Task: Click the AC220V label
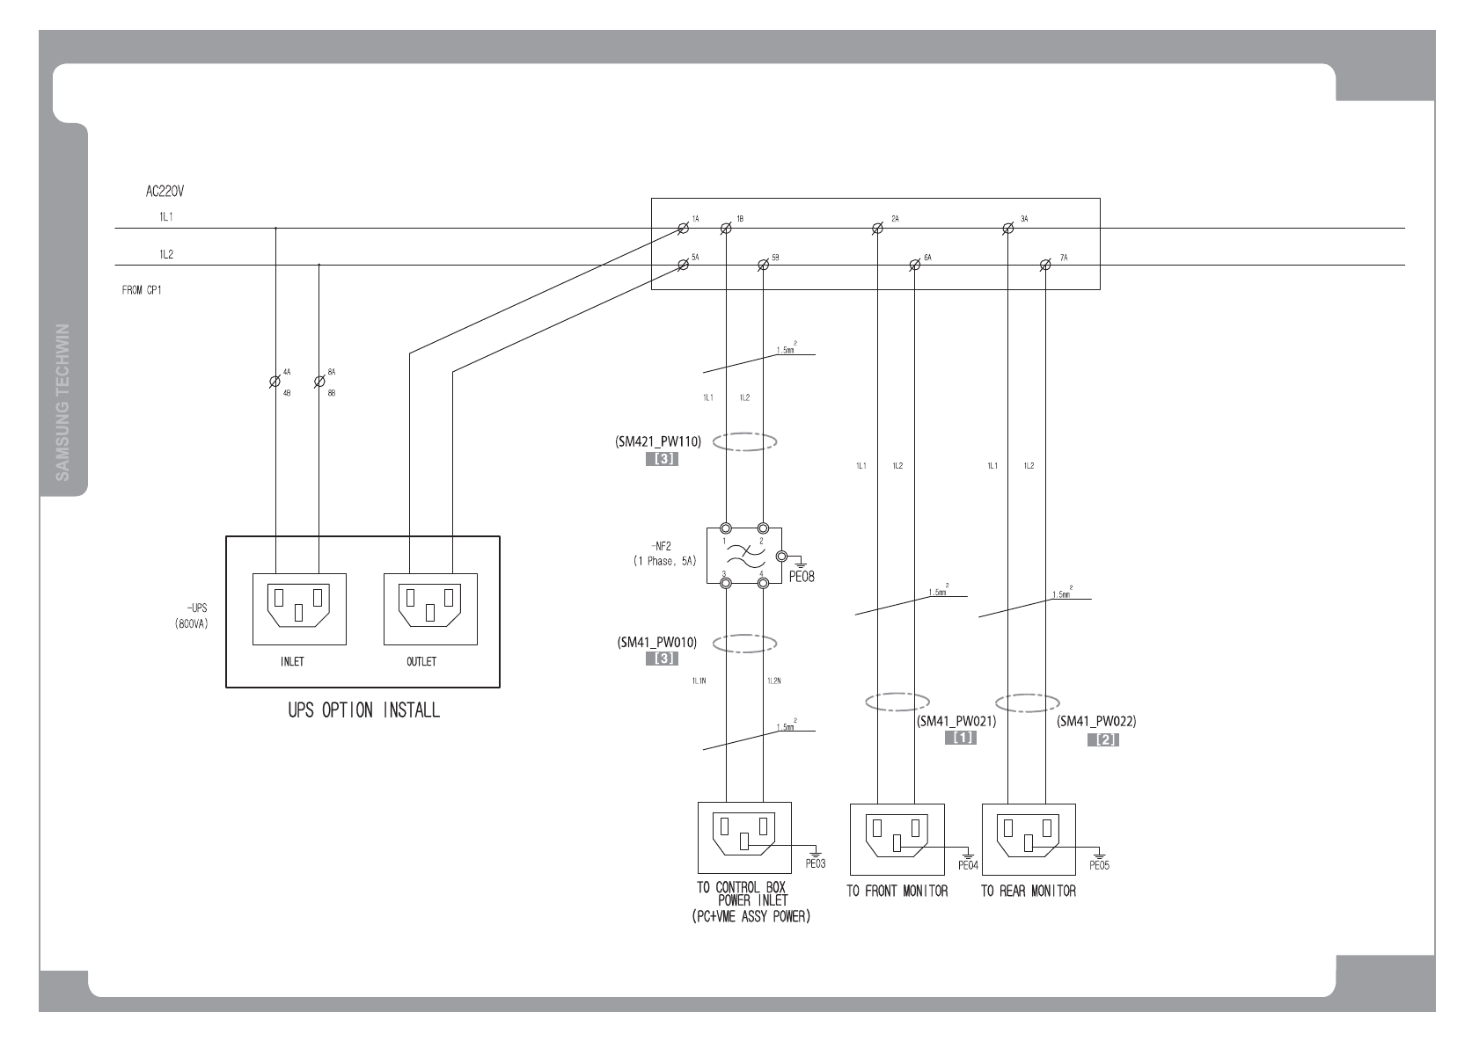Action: (165, 190)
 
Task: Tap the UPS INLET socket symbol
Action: (299, 608)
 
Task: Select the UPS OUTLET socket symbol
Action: (430, 608)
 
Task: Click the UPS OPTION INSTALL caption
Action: (363, 710)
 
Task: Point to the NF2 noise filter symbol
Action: (743, 557)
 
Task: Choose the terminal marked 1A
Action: (683, 229)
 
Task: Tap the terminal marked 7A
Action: (1045, 266)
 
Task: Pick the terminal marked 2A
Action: (877, 229)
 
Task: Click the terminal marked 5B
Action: (763, 266)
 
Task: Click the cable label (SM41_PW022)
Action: (1096, 722)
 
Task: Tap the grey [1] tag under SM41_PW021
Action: (961, 739)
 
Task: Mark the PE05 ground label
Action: (1099, 865)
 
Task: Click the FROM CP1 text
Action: (141, 289)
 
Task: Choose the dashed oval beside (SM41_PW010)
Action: (744, 644)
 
